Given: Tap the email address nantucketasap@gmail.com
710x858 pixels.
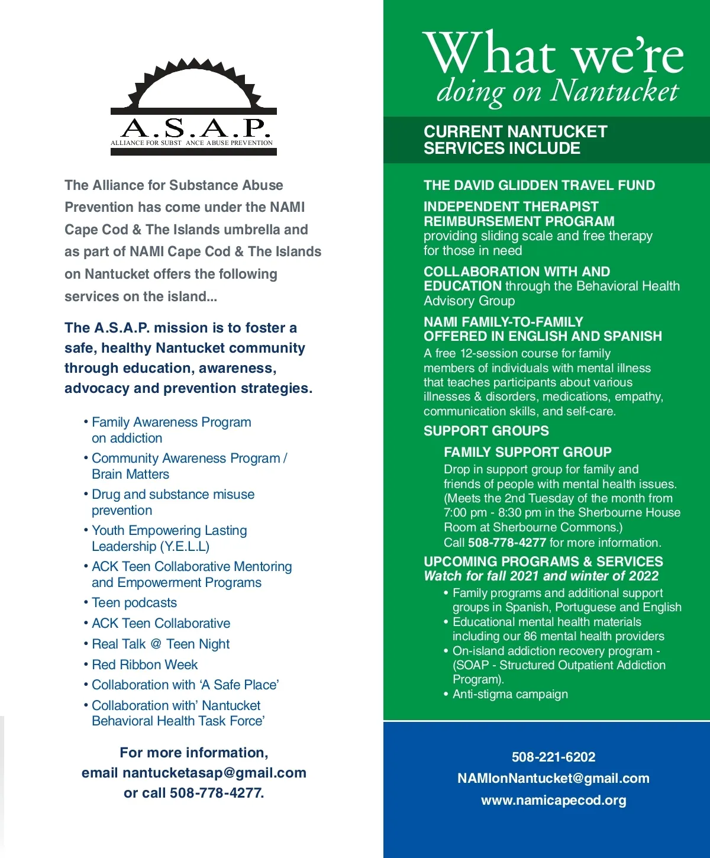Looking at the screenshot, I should [x=214, y=773].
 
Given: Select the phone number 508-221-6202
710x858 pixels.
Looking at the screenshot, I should [x=553, y=757].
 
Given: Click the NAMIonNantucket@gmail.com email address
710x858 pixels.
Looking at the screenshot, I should [x=553, y=778].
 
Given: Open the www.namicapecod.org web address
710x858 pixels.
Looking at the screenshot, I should [x=553, y=800].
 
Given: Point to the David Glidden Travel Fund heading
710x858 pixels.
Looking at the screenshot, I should [x=539, y=185].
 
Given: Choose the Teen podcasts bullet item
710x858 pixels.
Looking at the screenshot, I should [x=134, y=602].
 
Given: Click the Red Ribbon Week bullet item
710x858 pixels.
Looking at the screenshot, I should [x=144, y=665].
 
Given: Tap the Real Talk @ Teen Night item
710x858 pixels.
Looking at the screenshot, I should [x=160, y=644].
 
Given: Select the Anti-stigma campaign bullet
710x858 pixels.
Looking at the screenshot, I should [x=510, y=694].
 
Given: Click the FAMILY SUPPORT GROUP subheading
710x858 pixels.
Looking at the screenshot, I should [x=527, y=452].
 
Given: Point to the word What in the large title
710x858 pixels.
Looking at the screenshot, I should [x=489, y=54].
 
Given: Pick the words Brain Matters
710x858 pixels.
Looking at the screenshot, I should [x=130, y=474].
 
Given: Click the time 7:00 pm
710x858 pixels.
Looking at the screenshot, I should [x=465, y=512].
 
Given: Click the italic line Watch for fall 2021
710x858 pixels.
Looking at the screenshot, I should [x=541, y=576].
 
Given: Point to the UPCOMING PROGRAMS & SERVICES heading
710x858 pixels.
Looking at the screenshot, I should [x=543, y=561].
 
